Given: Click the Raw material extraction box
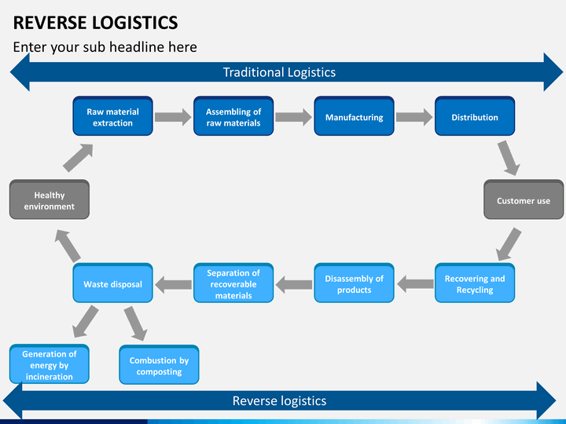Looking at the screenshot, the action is click(112, 116).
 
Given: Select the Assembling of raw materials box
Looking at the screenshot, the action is click(233, 116).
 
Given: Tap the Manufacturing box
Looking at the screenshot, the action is click(354, 116).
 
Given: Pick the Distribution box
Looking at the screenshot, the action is click(475, 116).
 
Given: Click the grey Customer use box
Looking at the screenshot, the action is click(524, 199).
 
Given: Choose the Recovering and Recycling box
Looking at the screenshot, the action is click(475, 283).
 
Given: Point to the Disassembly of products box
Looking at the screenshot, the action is click(354, 283).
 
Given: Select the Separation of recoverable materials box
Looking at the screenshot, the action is click(233, 283).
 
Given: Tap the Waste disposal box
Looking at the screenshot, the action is click(112, 283).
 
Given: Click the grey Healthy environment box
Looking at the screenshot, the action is click(50, 199).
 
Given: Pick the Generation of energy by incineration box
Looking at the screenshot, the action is click(50, 364).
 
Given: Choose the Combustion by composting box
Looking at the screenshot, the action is click(159, 365).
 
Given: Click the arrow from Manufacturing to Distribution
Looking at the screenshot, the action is click(414, 117).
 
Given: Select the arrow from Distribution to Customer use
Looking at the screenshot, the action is click(509, 158).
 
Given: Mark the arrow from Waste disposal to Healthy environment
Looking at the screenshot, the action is click(68, 246).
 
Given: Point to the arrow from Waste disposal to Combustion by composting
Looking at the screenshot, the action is click(135, 323).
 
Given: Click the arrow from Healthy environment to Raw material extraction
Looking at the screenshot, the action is click(79, 158).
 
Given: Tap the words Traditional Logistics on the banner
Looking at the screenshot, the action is click(279, 72).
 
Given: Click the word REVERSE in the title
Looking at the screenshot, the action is click(50, 23).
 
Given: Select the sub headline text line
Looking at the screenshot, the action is click(105, 47).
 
